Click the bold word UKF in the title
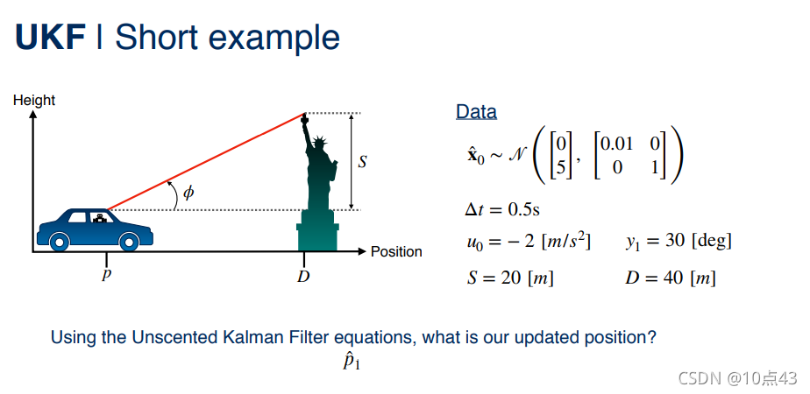click(50, 37)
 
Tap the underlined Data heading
click(476, 111)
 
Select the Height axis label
click(34, 100)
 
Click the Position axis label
click(396, 251)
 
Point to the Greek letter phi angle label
click(189, 193)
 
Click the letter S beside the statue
click(363, 162)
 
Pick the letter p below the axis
click(106, 274)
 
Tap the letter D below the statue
click(303, 277)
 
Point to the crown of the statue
click(320, 141)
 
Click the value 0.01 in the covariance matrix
click(616, 143)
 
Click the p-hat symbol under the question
click(352, 362)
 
